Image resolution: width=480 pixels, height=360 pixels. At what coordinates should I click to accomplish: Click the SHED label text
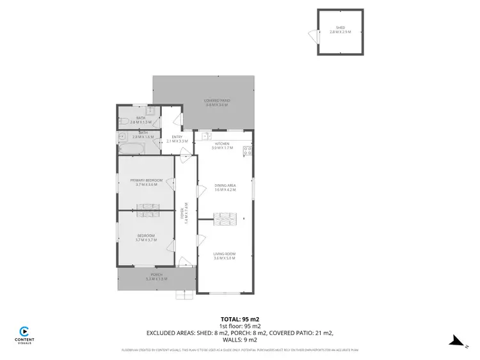[340, 28]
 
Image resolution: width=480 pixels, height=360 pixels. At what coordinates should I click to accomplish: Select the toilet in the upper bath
[123, 121]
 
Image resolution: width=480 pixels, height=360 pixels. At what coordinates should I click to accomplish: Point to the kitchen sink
[205, 137]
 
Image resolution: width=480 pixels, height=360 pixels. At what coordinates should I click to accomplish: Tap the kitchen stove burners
[248, 152]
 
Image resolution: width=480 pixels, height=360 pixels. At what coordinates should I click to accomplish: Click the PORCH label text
[156, 276]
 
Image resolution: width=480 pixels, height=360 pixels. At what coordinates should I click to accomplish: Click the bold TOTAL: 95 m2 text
[239, 318]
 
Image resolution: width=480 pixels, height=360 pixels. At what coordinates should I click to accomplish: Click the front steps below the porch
[186, 295]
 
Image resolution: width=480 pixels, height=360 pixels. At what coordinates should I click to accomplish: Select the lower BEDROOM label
[145, 238]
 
